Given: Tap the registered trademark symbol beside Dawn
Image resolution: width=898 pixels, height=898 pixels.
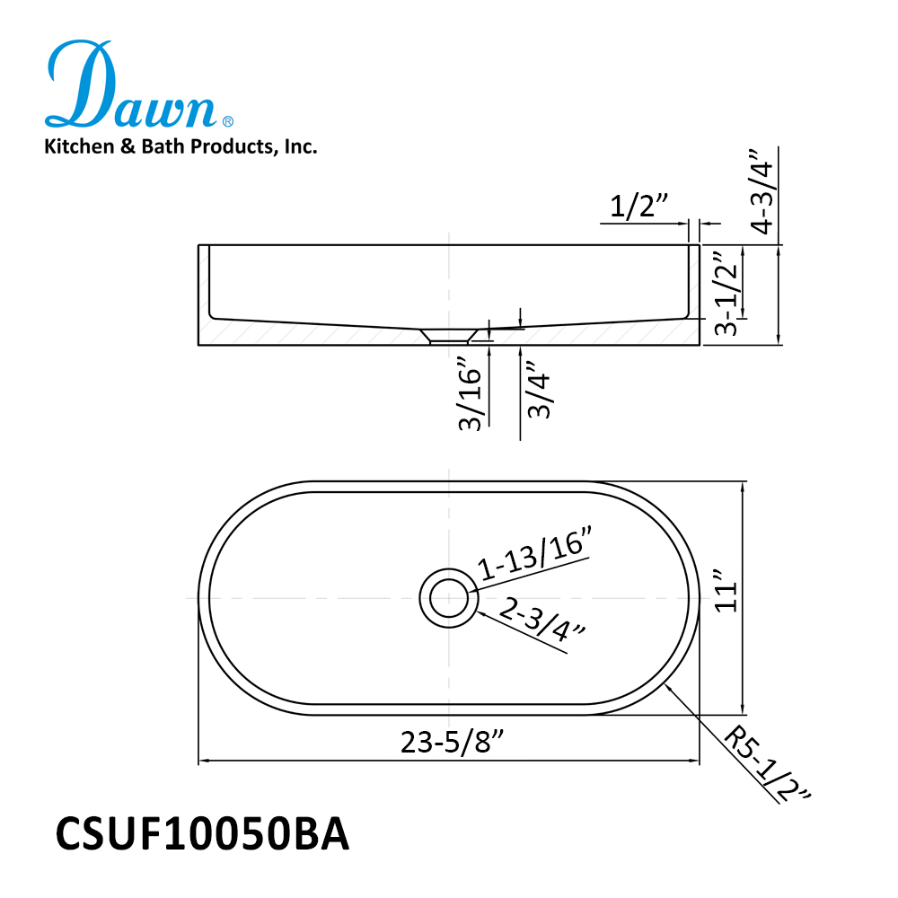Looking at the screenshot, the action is [x=227, y=121].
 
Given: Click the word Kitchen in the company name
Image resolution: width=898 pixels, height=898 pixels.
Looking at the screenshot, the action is [x=79, y=146].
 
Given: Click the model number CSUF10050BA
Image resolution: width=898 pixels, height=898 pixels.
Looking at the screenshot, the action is [x=202, y=834].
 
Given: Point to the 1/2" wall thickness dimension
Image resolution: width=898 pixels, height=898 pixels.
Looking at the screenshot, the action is [x=638, y=207].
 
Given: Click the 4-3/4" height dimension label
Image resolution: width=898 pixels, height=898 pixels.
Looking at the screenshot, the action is [x=762, y=191].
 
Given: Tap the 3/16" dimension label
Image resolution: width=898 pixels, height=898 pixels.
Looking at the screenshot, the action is [x=471, y=393].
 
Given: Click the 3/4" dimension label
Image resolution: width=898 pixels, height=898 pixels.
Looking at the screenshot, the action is [x=538, y=390].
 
